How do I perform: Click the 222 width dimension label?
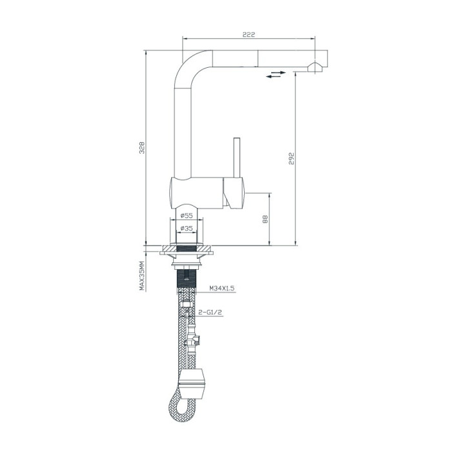tap(249, 35)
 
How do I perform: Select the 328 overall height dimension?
tap(142, 148)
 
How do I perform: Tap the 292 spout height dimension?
tap(291, 159)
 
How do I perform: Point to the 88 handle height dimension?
tap(265, 219)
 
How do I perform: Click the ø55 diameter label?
tap(187, 215)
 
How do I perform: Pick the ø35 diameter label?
tap(187, 229)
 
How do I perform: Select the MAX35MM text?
tap(142, 276)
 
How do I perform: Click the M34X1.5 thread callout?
tap(221, 288)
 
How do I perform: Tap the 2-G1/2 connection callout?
tap(211, 312)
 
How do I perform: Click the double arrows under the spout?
tap(276, 74)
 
